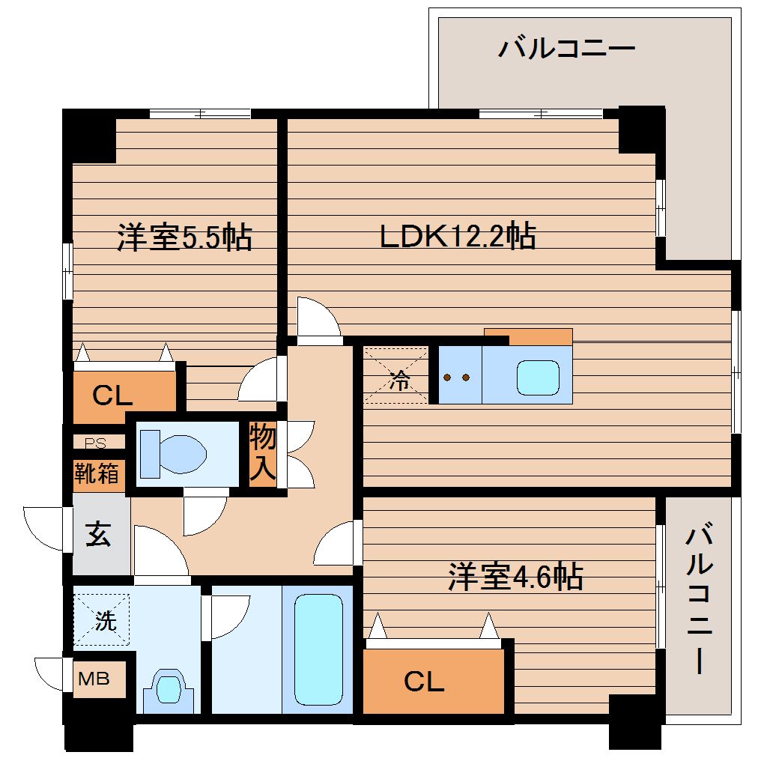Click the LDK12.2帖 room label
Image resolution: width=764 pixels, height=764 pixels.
457,237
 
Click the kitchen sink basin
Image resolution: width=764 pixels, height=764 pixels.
538,377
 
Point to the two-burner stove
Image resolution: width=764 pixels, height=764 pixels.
458,377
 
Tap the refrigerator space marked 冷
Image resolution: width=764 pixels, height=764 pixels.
397,376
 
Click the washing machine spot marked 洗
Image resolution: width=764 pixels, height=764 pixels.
103,619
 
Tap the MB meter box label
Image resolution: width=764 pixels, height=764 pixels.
94,679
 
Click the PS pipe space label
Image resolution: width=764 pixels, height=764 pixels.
95,442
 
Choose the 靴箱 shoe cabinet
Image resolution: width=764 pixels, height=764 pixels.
97,473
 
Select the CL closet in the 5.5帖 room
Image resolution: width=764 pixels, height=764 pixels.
112,395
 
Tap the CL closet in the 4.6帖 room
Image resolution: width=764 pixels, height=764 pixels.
425,681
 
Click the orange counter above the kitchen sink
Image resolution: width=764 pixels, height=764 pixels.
528,336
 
